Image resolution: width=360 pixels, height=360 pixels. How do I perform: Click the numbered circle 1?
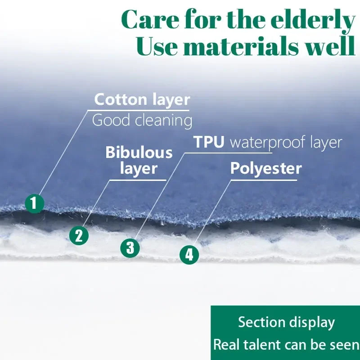coord(34,203)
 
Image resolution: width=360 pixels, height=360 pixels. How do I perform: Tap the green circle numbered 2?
coord(79,235)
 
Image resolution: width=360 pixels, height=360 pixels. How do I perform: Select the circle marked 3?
coord(130,247)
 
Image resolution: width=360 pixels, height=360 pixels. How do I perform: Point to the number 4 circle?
coord(189,255)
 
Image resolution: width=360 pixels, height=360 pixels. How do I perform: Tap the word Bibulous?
coord(139,153)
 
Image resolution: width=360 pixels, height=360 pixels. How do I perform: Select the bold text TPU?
coord(209,142)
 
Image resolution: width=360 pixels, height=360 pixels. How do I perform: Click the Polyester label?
coord(265,169)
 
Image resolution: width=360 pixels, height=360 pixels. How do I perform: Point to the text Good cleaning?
coord(142,121)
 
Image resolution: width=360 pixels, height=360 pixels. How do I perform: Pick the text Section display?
coord(286,323)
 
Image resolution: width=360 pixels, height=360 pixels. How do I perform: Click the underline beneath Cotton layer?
coord(139,110)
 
